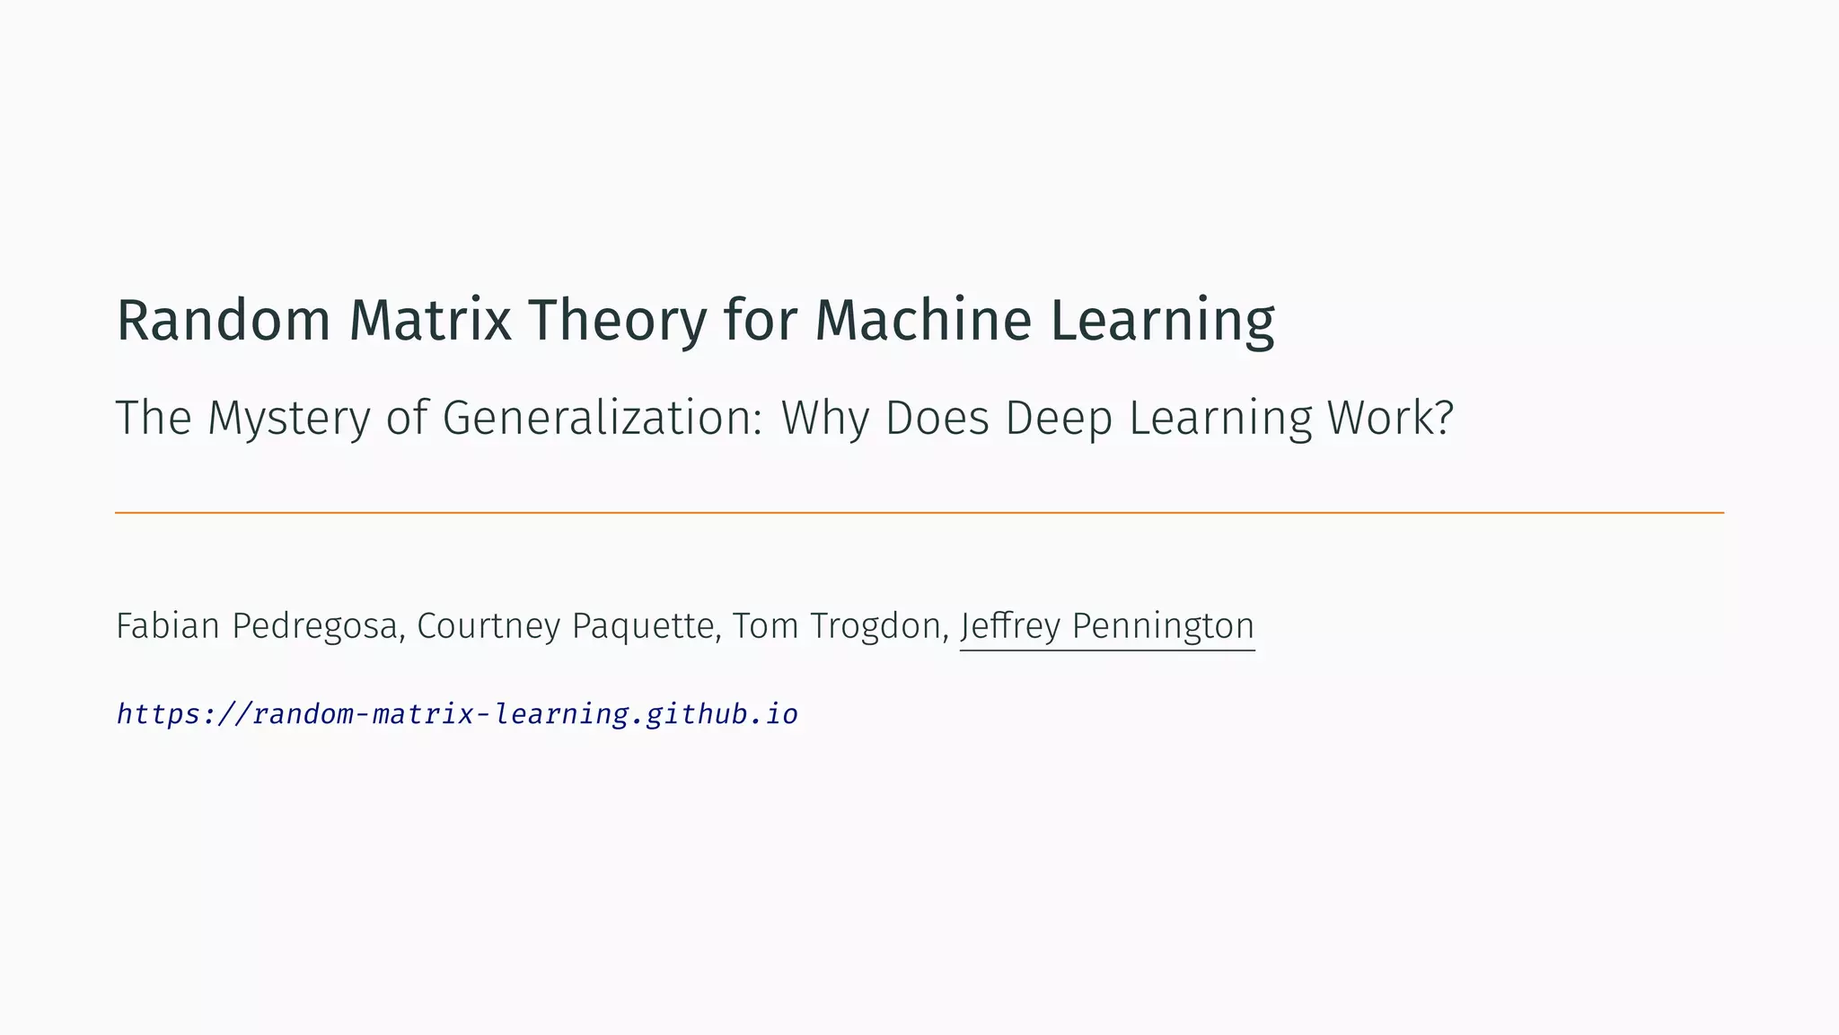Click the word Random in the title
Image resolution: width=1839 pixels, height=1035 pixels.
224,321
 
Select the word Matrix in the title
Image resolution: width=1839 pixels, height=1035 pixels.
430,321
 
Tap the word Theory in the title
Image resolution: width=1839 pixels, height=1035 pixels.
617,321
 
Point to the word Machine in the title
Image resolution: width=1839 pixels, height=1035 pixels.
923,321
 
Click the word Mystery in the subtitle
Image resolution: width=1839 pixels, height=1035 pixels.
288,419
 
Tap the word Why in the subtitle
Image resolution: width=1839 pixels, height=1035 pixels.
824,419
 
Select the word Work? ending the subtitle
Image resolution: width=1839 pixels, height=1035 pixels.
1390,419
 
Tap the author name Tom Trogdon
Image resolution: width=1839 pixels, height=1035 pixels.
837,626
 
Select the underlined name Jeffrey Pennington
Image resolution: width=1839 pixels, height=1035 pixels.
1107,626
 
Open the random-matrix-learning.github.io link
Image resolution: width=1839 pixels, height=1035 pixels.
457,714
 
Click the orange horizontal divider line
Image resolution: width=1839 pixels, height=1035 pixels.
919,513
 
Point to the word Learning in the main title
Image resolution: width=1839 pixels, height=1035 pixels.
1162,321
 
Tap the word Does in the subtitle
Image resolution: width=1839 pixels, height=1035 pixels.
937,419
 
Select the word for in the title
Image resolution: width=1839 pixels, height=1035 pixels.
761,321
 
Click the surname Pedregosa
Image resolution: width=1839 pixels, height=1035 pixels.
314,626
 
